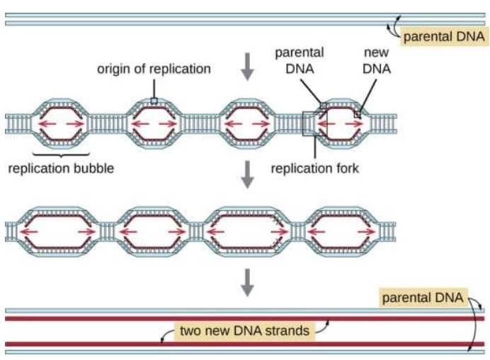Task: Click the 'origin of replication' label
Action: point(154,69)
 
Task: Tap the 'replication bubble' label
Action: point(61,169)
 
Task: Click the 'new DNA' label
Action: point(377,61)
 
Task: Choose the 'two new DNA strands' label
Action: point(245,330)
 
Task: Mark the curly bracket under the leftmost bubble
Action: point(61,154)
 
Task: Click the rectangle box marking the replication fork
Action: point(309,123)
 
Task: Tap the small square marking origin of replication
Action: point(154,101)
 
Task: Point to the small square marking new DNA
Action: point(358,113)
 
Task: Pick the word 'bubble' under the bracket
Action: point(94,169)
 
